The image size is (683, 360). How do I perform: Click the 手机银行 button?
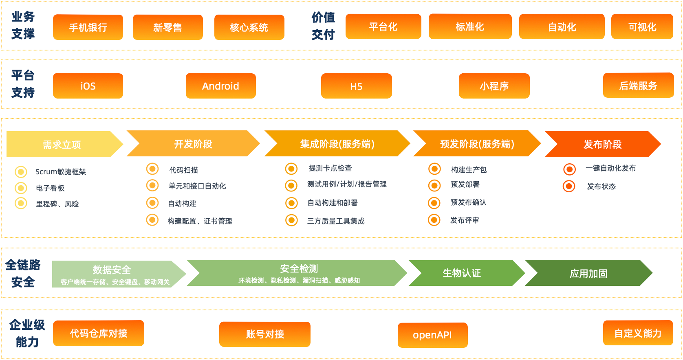point(88,27)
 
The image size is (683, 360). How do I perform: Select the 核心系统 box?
point(249,27)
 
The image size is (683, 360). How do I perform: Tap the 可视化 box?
point(642,26)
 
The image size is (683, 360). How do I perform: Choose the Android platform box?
point(221,86)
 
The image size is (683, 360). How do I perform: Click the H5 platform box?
point(357,86)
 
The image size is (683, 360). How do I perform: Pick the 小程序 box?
point(494,86)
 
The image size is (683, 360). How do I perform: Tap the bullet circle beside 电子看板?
point(21,188)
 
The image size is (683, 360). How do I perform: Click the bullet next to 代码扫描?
point(152,169)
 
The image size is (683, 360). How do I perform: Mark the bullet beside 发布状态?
point(569,186)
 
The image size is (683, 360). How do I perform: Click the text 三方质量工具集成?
point(336,221)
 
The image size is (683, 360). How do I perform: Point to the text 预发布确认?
point(468,202)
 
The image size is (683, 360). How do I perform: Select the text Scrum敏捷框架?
point(61,171)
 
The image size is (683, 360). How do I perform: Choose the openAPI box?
point(432,335)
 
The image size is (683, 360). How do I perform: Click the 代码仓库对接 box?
point(99,333)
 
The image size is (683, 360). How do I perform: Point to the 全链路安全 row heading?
point(23,273)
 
